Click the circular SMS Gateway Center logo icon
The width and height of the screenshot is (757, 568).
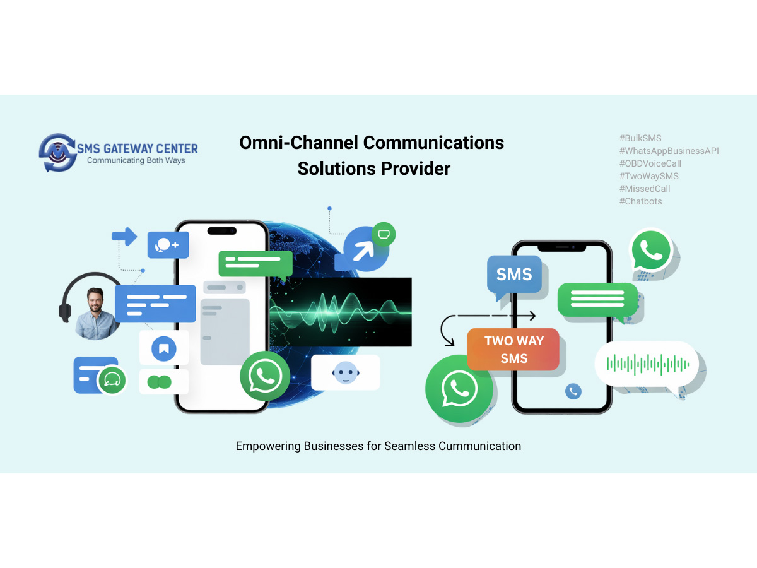pos(57,153)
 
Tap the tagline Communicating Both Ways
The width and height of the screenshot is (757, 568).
pos(136,160)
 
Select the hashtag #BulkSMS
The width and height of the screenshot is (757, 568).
pos(640,138)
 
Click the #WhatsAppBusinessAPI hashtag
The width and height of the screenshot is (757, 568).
pos(669,151)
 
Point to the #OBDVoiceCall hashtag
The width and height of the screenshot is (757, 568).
pos(650,163)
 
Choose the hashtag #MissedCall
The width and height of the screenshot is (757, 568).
pos(645,189)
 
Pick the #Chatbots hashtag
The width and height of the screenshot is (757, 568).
pos(641,201)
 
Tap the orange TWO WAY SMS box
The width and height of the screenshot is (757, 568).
pos(513,349)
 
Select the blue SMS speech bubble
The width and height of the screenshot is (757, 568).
pos(514,275)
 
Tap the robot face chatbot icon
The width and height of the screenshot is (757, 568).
pos(345,372)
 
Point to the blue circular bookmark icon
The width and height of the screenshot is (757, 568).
pos(164,348)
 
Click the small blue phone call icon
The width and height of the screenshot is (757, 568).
pos(573,391)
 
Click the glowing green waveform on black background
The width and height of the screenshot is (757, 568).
pos(341,312)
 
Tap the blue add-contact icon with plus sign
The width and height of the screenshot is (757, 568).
pos(168,244)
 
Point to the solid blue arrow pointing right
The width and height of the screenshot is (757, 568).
pos(124,237)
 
